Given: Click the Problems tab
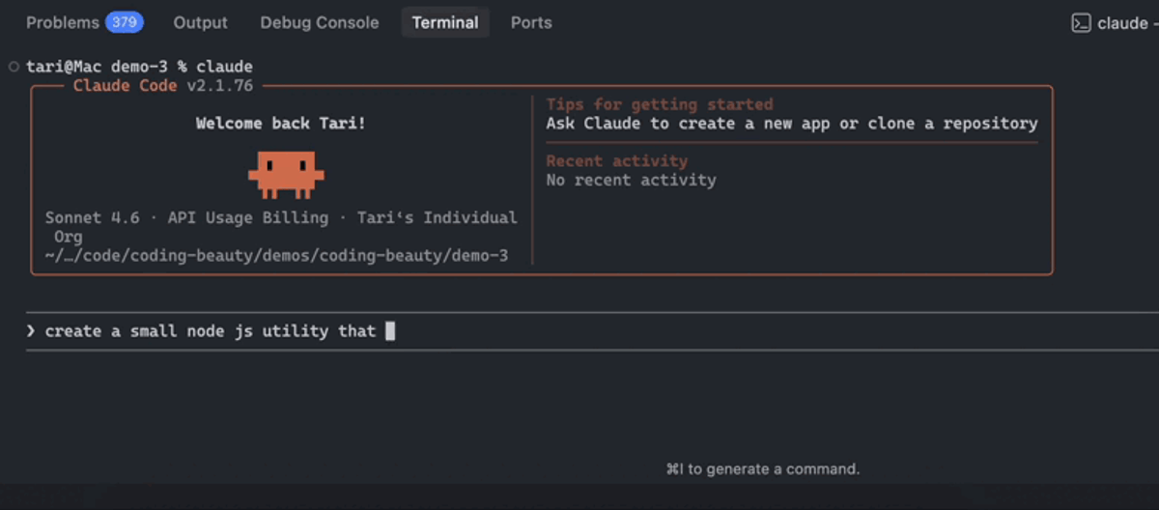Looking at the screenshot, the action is (63, 23).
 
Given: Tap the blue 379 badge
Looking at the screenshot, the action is (125, 23).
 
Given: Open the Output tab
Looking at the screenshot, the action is (200, 23).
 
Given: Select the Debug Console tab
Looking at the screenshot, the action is (320, 23).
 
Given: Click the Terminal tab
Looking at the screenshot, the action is (445, 23).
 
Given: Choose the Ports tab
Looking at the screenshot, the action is (531, 23).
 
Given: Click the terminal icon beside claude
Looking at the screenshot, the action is (1081, 23).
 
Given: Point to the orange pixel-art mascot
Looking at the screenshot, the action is (286, 175).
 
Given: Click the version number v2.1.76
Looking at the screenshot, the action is (220, 86).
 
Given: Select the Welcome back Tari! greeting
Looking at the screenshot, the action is (280, 124).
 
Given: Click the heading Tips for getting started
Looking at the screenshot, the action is (660, 104).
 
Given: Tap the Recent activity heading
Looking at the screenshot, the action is (617, 161).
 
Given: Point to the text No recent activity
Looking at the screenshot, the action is (632, 180).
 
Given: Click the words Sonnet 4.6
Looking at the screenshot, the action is (92, 217).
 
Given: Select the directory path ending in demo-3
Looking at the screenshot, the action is (276, 256).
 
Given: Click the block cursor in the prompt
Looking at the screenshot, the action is (390, 331).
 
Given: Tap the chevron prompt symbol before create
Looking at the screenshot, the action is (31, 331).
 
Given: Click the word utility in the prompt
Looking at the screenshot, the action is (295, 331).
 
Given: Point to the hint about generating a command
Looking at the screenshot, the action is (763, 469).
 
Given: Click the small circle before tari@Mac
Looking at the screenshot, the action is (14, 67).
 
